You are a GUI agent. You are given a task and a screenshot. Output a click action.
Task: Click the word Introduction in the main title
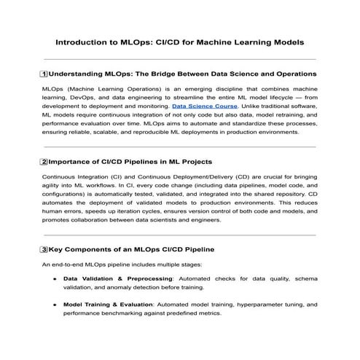pyautogui.click(x=80, y=43)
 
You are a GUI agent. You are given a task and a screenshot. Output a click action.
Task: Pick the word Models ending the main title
pyautogui.click(x=285, y=43)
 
